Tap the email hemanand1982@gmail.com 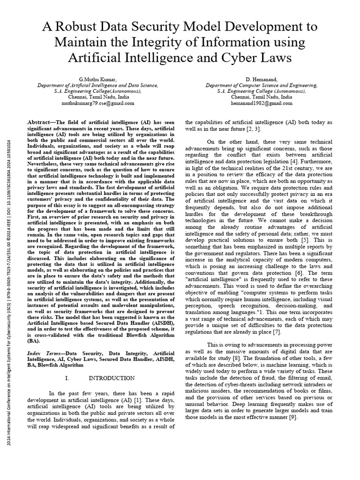262,103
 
